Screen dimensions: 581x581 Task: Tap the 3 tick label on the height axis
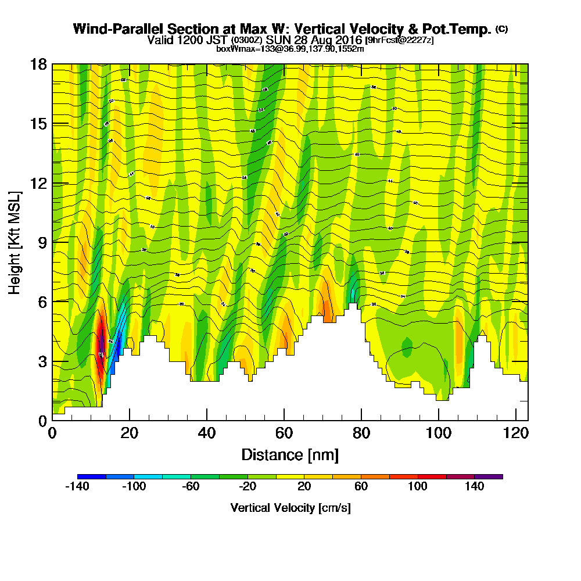(x=42, y=361)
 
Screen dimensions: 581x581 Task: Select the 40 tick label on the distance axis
(x=206, y=433)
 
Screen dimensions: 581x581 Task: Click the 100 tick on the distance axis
(x=439, y=420)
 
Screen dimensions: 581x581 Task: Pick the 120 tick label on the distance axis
(x=516, y=433)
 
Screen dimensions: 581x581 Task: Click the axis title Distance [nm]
(x=289, y=454)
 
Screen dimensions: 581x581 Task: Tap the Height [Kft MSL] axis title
(x=15, y=242)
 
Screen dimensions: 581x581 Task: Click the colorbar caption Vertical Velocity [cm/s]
(x=290, y=508)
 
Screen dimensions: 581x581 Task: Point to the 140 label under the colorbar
(x=475, y=487)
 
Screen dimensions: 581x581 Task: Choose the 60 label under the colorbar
(x=361, y=487)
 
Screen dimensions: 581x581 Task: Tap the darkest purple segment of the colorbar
(x=489, y=476)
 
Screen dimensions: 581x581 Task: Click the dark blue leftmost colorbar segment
(x=92, y=476)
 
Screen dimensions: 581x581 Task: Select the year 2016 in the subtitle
(x=347, y=40)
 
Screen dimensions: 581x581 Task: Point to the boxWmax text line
(x=290, y=49)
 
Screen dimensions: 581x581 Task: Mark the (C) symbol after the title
(x=501, y=29)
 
